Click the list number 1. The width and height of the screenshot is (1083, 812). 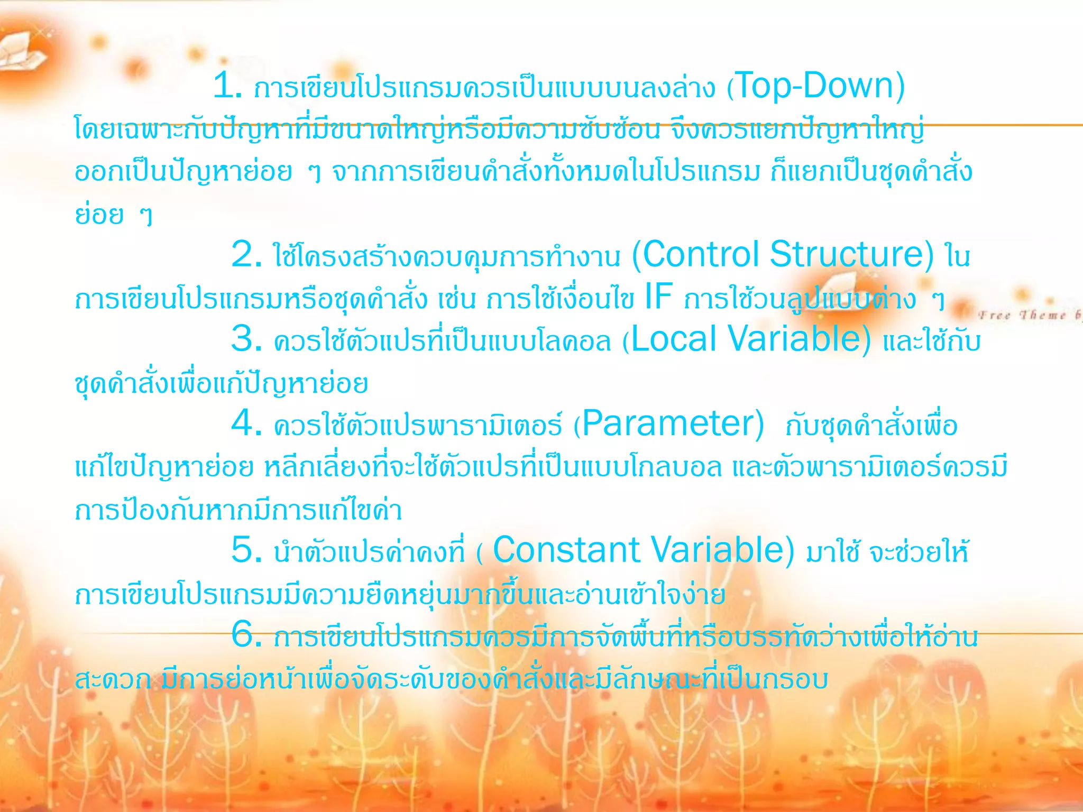tap(227, 86)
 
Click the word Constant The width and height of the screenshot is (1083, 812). tap(566, 550)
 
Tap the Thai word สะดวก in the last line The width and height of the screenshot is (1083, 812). tap(113, 680)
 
